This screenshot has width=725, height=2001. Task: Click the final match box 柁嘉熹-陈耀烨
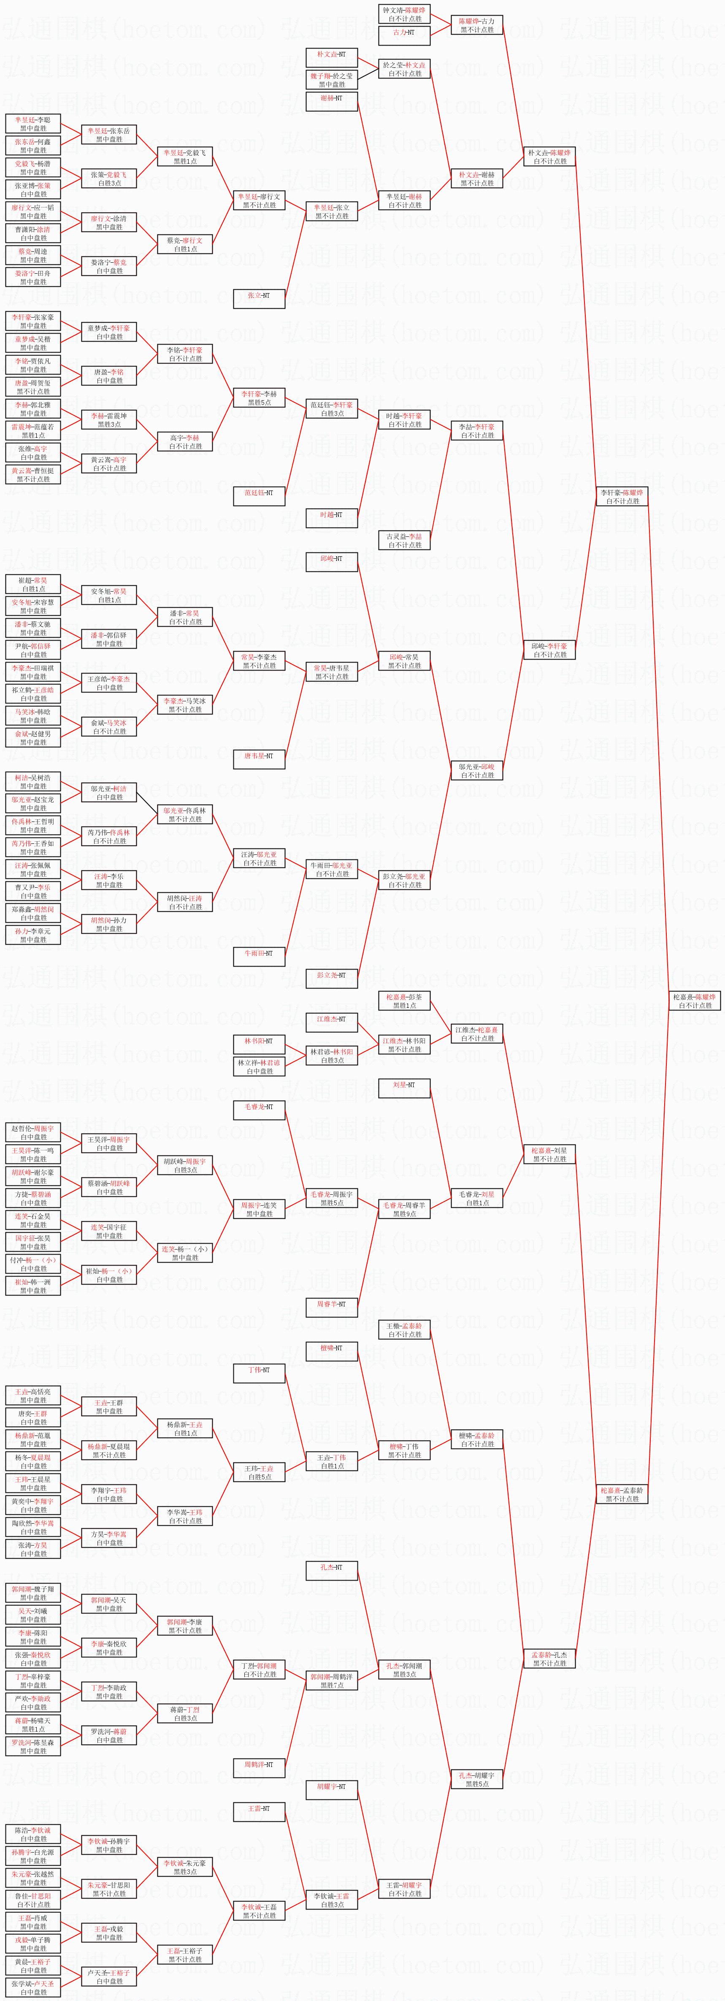[695, 1000]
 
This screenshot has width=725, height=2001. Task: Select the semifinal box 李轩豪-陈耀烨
[622, 496]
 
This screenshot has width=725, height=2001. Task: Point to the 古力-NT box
[404, 32]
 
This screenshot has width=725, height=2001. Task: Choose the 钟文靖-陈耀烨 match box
[404, 14]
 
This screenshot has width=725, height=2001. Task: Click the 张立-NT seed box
[259, 296]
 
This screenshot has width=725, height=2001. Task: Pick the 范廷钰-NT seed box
[259, 493]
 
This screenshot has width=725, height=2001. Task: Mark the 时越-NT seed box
[332, 515]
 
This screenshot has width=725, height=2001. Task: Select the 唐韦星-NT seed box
[259, 756]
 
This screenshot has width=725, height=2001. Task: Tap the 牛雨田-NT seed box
[259, 953]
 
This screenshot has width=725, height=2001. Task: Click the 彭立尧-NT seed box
[332, 975]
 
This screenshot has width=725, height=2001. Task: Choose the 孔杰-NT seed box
[332, 1567]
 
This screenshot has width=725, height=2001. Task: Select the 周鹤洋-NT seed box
[259, 1765]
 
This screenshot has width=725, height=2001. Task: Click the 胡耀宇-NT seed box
[332, 1787]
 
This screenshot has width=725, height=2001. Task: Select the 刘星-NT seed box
[404, 1085]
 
